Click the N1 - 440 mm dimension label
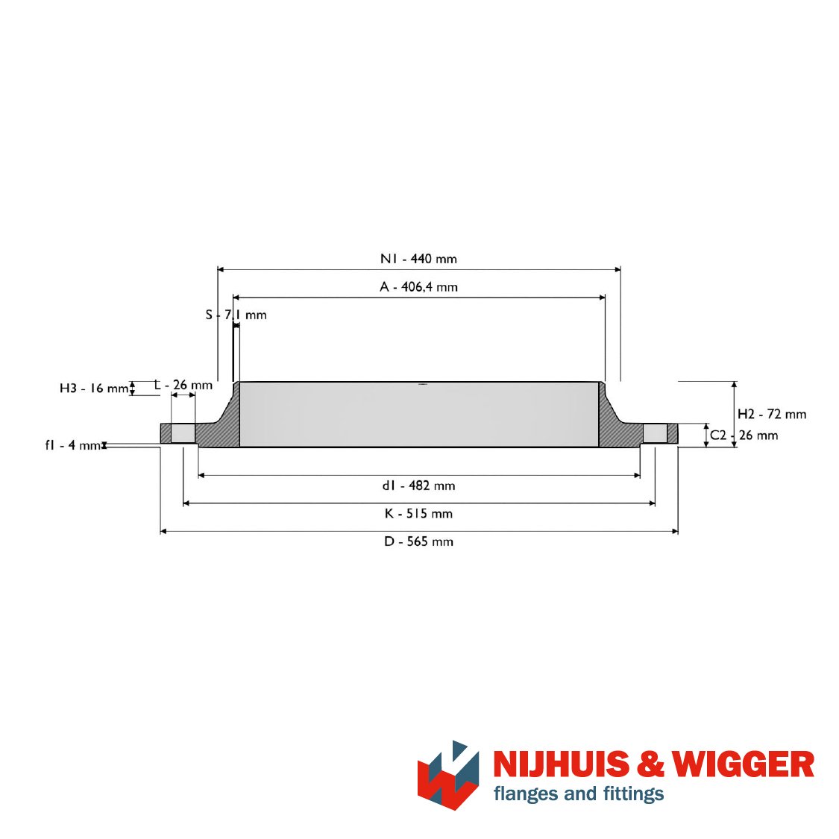[418, 259]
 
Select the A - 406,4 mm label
[418, 287]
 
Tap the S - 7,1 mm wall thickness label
[236, 315]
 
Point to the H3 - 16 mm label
[94, 388]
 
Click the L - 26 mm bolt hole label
[183, 385]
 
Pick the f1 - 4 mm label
[73, 445]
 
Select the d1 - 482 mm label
[418, 486]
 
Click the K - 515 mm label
[418, 514]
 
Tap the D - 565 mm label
[418, 541]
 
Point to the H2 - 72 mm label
[772, 414]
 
